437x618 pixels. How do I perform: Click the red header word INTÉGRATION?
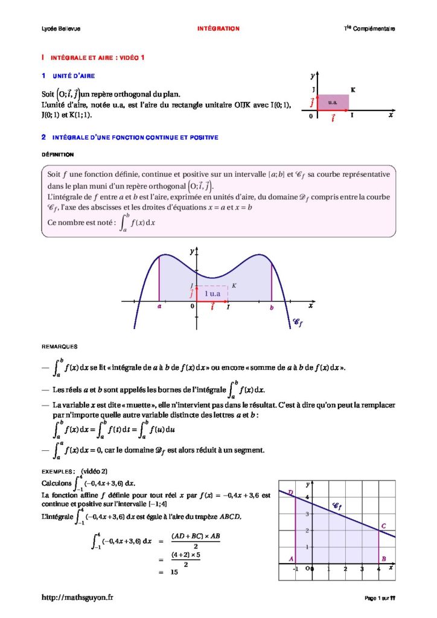pos(218,28)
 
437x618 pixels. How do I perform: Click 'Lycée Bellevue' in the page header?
pos(57,28)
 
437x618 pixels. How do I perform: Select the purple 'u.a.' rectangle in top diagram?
pos(333,102)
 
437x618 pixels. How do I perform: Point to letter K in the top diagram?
pos(352,90)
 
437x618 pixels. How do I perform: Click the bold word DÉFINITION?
pos(58,154)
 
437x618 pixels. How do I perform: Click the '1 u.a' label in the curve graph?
pos(212,293)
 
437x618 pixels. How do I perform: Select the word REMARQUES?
pos(60,346)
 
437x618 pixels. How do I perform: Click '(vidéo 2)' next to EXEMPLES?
pos(94,471)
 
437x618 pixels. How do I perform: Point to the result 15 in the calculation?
pos(174,572)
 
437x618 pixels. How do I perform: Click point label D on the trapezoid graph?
pos(290,493)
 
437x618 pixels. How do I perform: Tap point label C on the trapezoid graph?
pos(384,526)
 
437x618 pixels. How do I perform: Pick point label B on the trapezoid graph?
pos(384,559)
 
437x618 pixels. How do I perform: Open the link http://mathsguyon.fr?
pos(77,597)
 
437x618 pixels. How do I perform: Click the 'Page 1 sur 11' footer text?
pos(380,598)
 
